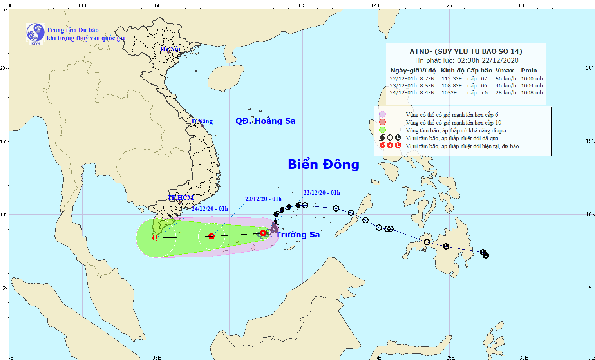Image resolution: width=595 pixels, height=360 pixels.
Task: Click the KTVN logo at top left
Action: [35, 33]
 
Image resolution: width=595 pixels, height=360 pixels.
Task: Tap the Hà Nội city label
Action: [170, 49]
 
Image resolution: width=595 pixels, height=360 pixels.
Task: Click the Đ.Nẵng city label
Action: [202, 121]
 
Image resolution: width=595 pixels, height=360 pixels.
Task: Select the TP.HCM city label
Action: [181, 198]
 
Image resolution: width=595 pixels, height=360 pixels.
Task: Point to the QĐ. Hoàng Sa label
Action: [265, 121]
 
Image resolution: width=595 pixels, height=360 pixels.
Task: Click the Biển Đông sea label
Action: [324, 165]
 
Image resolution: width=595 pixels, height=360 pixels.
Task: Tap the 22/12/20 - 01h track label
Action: [322, 193]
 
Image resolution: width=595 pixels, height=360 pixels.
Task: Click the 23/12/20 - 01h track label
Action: [263, 199]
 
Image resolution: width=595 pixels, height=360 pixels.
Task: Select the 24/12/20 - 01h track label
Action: [210, 209]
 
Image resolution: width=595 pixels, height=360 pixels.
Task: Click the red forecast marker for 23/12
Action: [212, 236]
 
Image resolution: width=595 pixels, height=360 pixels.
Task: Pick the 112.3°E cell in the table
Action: [452, 79]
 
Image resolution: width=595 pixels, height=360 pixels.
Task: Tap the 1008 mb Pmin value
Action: [532, 93]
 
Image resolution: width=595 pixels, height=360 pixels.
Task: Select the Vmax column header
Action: [505, 71]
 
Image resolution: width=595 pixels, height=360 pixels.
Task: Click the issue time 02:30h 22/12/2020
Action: [488, 60]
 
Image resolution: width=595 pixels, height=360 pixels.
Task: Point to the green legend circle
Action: [382, 130]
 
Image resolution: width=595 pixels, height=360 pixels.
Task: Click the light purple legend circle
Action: [382, 114]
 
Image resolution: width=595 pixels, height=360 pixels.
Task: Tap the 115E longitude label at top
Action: [302, 5]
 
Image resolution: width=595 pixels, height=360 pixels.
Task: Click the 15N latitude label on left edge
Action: [4, 141]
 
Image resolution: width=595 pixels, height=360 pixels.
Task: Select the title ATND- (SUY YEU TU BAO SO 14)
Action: [466, 51]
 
